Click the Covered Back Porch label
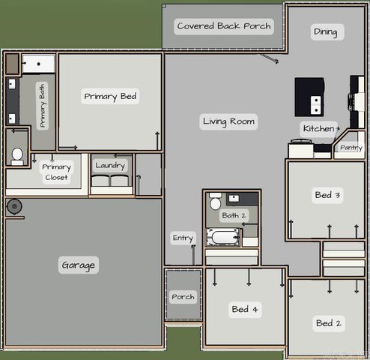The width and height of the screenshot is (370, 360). (224, 26)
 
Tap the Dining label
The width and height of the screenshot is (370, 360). (326, 32)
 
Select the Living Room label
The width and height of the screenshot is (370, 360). (228, 121)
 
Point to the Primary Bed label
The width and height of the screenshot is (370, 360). (110, 97)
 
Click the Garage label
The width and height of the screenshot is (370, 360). (79, 265)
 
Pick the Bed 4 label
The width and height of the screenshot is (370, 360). (245, 309)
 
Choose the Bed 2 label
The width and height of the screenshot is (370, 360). (329, 323)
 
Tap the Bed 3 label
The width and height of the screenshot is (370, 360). (327, 195)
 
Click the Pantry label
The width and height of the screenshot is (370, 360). (351, 148)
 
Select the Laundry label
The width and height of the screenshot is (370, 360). (110, 166)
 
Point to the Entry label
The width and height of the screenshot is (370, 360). (183, 238)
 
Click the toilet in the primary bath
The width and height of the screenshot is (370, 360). (17, 157)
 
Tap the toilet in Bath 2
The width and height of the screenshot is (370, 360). (215, 202)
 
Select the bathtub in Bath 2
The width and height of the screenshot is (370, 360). (222, 237)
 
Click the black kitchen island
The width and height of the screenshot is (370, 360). (309, 97)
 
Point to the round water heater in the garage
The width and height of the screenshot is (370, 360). (14, 207)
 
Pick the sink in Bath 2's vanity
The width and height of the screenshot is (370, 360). (234, 199)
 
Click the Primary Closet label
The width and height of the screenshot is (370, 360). (56, 172)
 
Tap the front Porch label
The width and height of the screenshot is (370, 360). (183, 297)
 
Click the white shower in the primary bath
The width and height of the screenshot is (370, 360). (38, 64)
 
